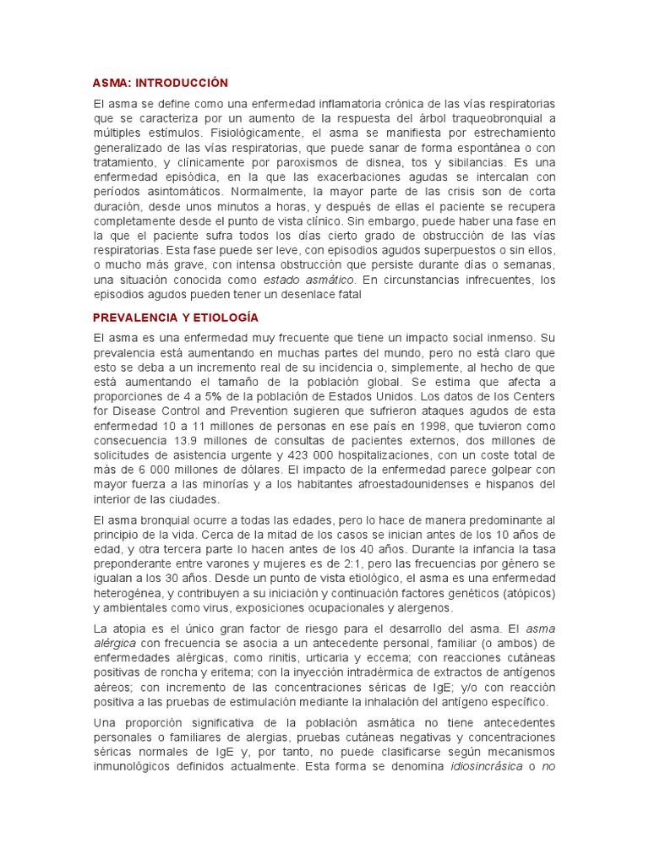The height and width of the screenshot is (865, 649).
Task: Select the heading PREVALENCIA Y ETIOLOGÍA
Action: (x=176, y=317)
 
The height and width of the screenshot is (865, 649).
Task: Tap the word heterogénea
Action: (x=131, y=595)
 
